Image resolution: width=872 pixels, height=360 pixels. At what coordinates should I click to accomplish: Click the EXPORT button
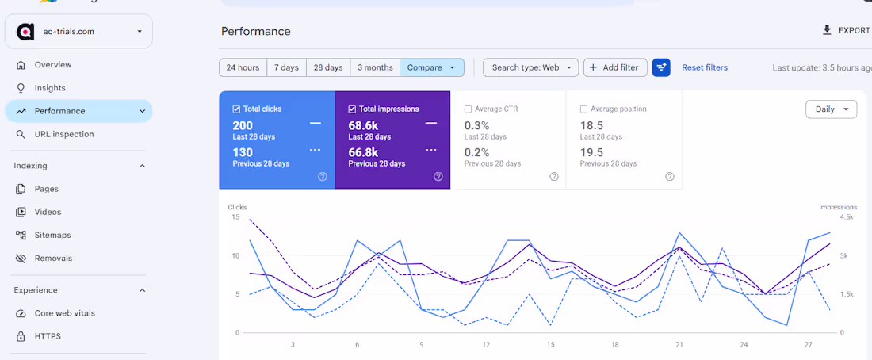click(846, 31)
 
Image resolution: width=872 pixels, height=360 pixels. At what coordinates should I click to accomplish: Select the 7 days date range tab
click(286, 68)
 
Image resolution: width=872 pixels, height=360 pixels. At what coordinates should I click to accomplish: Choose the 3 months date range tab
click(375, 68)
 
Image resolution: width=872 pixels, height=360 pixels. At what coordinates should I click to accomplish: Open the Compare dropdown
click(431, 68)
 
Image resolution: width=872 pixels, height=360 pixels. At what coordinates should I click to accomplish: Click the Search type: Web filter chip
click(530, 68)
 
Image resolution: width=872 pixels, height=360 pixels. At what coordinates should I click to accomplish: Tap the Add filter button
click(615, 68)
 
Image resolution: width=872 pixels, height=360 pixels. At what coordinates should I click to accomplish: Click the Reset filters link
click(705, 68)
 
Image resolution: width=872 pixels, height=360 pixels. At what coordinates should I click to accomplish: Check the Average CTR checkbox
click(468, 109)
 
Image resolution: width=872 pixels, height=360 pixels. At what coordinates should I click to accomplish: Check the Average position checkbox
click(583, 109)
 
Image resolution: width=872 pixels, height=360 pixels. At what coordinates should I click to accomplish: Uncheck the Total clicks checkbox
click(236, 109)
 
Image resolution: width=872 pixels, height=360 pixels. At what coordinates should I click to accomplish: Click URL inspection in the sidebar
click(64, 134)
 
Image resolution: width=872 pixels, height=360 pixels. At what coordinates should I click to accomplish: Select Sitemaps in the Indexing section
click(53, 235)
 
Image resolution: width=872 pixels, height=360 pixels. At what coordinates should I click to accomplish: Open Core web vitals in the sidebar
click(64, 313)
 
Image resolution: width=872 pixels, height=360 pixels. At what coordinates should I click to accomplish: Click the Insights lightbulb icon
click(21, 88)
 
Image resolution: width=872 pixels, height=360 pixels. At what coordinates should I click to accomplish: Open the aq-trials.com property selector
click(78, 32)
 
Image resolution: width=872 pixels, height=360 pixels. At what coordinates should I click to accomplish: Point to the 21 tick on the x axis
click(679, 345)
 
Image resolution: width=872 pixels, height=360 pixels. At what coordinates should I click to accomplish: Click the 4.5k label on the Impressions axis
click(847, 217)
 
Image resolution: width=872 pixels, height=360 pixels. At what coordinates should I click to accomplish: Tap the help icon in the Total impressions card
click(438, 177)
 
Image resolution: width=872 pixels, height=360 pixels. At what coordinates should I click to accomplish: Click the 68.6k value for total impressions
click(363, 126)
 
